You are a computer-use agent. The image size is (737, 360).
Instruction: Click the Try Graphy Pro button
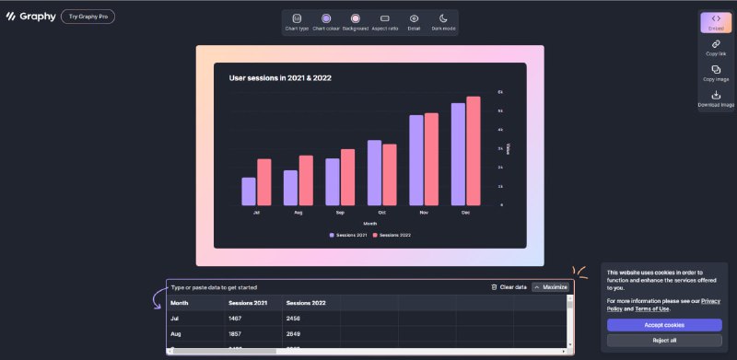[x=88, y=17]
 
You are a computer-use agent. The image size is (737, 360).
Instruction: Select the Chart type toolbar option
[x=297, y=22]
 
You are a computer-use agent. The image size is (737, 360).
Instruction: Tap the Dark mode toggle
[x=443, y=22]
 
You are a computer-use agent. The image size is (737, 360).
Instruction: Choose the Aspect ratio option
[x=385, y=22]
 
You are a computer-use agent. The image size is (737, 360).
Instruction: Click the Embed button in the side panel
[x=716, y=23]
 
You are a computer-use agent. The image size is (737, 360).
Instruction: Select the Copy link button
[x=716, y=48]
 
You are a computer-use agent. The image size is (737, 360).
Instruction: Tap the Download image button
[x=716, y=99]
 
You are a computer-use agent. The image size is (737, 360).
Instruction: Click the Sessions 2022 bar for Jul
[x=264, y=181]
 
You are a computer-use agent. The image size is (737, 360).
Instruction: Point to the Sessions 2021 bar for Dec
[x=458, y=154]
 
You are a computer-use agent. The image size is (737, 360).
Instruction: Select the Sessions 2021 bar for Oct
[x=374, y=172]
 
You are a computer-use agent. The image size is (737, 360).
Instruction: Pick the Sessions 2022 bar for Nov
[x=431, y=158]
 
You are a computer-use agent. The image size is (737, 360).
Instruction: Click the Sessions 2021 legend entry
[x=348, y=236]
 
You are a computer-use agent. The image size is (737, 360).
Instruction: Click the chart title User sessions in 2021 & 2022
[x=280, y=78]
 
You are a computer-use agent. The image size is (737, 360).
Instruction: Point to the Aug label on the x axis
[x=298, y=213]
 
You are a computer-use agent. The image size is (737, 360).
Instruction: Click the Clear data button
[x=509, y=287]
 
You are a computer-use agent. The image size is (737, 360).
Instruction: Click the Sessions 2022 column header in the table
[x=306, y=302]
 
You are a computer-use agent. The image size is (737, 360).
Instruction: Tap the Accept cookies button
[x=664, y=325]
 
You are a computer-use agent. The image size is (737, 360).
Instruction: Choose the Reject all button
[x=664, y=341]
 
